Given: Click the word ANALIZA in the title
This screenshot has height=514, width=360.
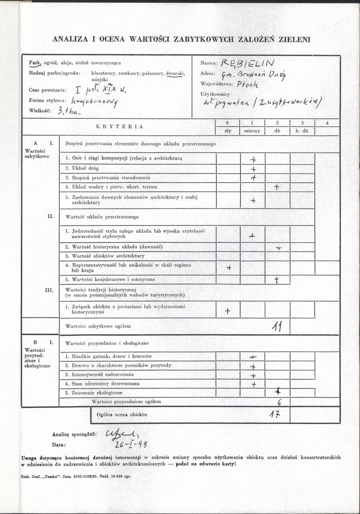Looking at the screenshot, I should click(70, 39).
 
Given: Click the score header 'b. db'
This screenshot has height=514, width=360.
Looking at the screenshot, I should click(302, 131).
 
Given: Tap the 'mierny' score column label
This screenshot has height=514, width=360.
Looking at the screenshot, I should click(252, 131).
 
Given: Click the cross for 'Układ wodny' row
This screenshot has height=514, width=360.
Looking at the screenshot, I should click(277, 187).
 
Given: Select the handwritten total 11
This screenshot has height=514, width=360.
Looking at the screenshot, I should click(277, 327).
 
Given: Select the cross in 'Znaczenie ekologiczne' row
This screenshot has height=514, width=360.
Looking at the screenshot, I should click(279, 391).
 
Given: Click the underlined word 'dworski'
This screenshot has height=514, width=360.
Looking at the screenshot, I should click(175, 73).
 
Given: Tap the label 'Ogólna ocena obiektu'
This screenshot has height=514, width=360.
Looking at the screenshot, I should click(122, 415).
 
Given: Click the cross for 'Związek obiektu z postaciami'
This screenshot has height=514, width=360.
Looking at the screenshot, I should click(228, 312).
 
